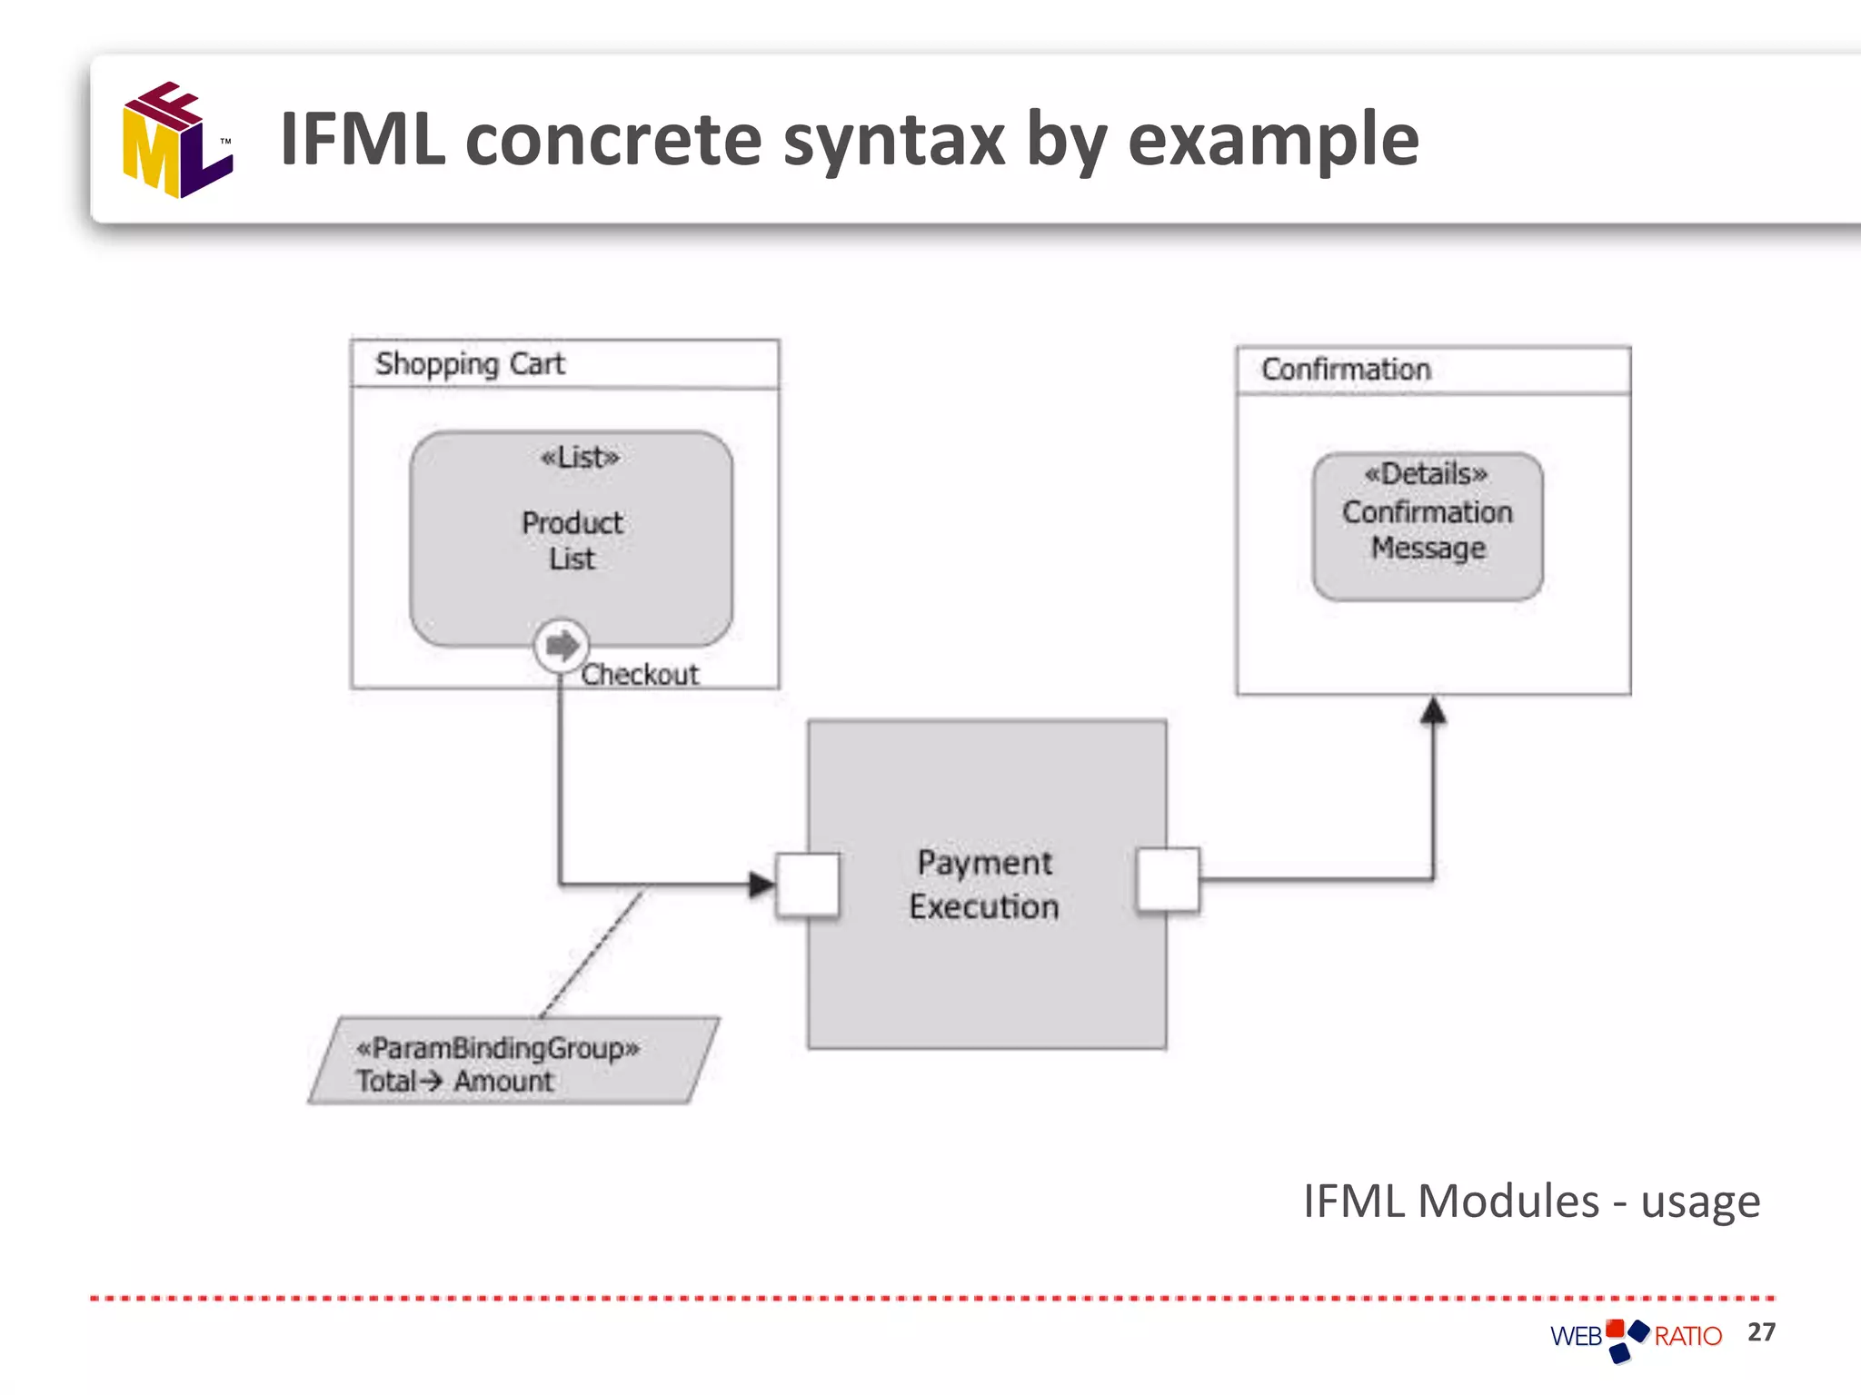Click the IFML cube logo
177,141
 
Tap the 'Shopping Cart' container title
470,364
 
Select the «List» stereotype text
580,457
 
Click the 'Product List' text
572,540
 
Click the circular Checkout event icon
562,646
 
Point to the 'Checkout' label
640,675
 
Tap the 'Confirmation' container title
1346,370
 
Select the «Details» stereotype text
1426,474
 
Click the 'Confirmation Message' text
1428,530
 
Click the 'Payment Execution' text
984,884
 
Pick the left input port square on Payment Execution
808,885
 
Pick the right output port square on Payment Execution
1168,879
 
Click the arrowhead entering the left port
761,884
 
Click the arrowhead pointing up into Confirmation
1433,710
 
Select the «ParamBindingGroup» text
498,1048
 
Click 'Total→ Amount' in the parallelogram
454,1081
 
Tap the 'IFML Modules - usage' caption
1531,1201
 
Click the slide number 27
1761,1331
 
